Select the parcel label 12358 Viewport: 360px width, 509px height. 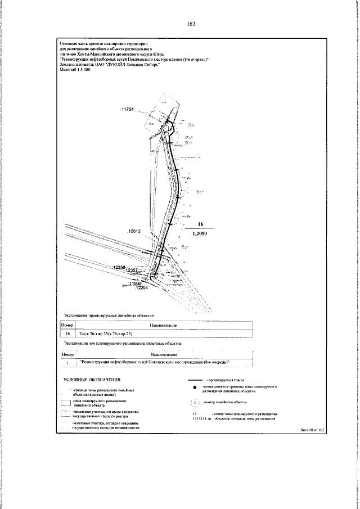tap(119, 267)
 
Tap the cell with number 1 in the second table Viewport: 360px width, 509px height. tap(67, 362)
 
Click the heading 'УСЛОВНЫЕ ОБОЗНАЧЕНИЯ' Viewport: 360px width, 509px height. tap(88, 381)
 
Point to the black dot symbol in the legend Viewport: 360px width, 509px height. tap(193, 389)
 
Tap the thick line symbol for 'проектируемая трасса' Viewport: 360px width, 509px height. tap(194, 381)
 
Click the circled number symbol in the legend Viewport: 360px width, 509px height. tap(193, 402)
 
